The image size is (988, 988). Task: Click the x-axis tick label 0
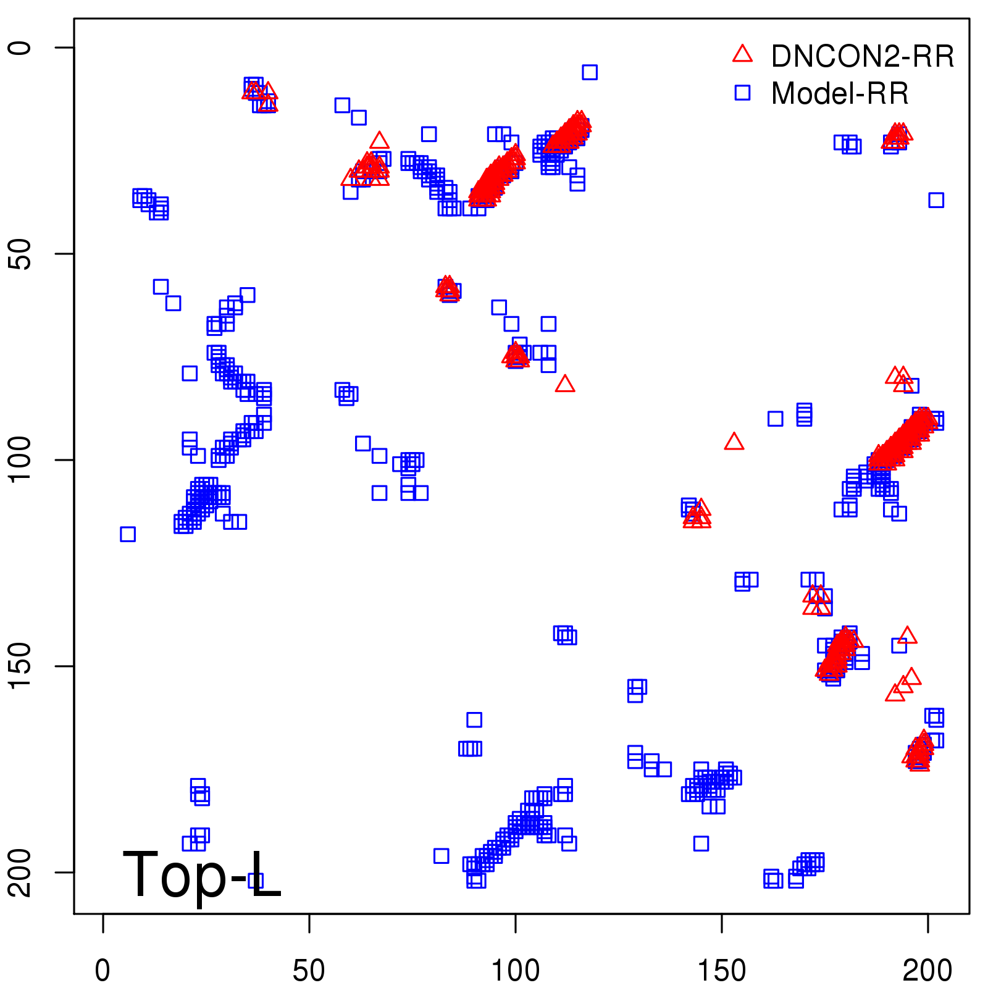coord(103,970)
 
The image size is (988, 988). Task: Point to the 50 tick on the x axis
coord(309,970)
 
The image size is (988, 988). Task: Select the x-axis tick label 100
coord(515,970)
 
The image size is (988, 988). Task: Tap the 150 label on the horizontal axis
coord(721,970)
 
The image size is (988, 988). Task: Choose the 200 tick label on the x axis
coord(927,970)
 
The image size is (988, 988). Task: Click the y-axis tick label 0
coord(20,48)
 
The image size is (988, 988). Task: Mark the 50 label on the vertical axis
coord(20,254)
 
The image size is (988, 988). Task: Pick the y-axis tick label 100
coord(20,460)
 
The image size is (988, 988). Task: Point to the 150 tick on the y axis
coord(20,666)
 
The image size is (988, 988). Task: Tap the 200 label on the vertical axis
coord(20,872)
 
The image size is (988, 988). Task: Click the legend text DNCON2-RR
coord(863,56)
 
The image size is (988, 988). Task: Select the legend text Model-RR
coord(840,93)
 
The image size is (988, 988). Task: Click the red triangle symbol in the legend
coord(742,54)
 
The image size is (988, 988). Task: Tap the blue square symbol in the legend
coord(742,93)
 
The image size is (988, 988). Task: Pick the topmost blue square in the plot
coord(590,72)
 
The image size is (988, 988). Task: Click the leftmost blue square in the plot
coord(128,534)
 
